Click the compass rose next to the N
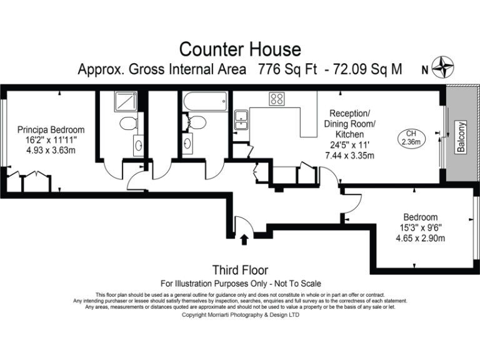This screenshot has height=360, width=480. click(x=445, y=66)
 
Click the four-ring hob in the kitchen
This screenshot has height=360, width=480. click(x=277, y=99)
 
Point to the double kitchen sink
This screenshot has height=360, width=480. click(x=241, y=119)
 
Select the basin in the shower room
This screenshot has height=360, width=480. click(x=137, y=145)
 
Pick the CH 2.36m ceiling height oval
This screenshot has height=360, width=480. click(x=411, y=137)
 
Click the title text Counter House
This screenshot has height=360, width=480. click(x=240, y=49)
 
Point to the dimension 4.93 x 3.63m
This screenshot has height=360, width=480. click(x=51, y=151)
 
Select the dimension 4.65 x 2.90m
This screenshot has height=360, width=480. click(x=419, y=238)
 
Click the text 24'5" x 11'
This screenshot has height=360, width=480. click(x=349, y=145)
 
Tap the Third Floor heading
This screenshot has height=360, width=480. click(x=240, y=270)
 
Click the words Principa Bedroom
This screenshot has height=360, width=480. click(x=51, y=130)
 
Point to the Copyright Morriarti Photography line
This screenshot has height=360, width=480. click(x=240, y=315)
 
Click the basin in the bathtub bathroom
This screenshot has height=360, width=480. click(x=187, y=145)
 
